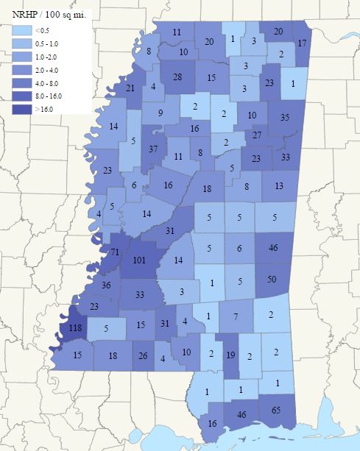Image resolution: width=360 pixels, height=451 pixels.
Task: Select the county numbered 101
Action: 140,260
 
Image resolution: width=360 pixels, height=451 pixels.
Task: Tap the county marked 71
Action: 115,252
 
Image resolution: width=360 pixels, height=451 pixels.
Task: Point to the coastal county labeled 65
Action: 276,409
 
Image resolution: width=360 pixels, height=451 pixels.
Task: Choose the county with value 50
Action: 272,280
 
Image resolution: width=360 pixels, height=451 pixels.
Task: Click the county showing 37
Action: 153,150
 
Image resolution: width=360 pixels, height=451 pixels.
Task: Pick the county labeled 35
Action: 286,117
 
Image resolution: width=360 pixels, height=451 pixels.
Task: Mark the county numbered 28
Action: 177,78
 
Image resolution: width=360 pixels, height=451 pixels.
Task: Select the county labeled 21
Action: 130,88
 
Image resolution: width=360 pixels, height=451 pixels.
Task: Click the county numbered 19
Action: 230,355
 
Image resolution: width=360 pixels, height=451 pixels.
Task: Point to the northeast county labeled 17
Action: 302,43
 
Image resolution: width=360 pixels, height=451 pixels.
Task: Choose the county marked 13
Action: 278,186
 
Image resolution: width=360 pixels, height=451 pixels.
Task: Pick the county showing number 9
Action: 160,113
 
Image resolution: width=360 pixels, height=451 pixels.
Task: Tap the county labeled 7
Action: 236,316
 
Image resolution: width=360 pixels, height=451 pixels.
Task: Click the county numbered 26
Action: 142,356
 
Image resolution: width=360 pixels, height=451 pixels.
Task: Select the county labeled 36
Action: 106,285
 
